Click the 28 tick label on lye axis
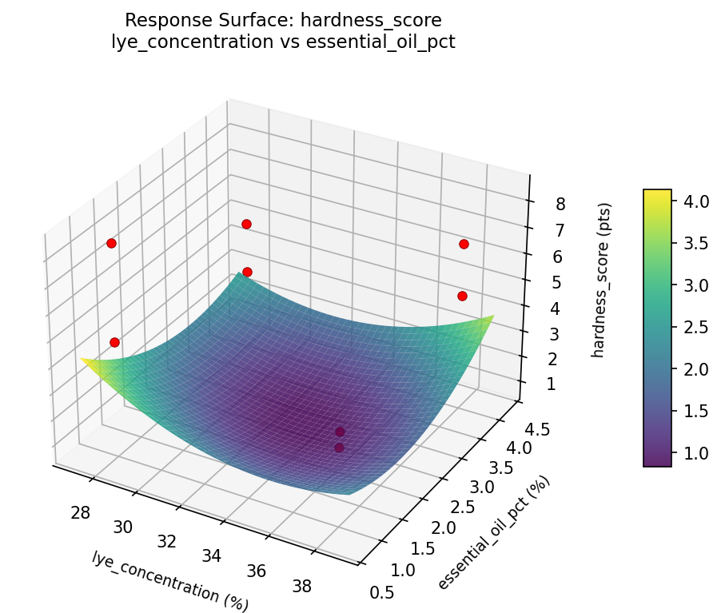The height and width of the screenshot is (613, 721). tap(80, 512)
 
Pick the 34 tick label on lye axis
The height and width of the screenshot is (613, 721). tap(212, 556)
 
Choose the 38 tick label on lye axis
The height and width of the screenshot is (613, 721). tap(302, 587)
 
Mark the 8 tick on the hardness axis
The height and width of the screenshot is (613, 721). tap(560, 204)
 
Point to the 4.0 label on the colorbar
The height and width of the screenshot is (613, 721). tap(694, 202)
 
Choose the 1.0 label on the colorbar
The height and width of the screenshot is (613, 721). tap(694, 453)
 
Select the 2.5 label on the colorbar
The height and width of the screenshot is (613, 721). tap(694, 328)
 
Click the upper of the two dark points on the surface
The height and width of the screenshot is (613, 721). tap(340, 432)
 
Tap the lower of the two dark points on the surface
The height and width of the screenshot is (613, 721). tap(339, 448)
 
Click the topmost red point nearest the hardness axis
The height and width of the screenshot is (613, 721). tap(464, 244)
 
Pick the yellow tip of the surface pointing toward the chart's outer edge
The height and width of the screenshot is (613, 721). tap(82, 360)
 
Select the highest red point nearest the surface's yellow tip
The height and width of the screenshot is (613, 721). tap(111, 243)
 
